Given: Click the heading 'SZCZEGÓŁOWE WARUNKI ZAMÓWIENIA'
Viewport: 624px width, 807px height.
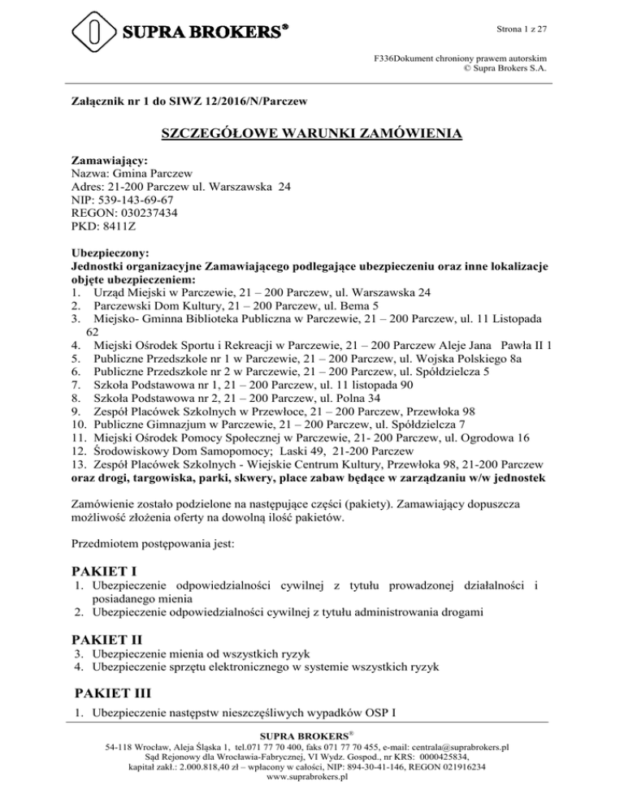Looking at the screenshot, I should point(312,134).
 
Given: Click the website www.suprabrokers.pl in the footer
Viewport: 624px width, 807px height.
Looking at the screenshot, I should point(312,776).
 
